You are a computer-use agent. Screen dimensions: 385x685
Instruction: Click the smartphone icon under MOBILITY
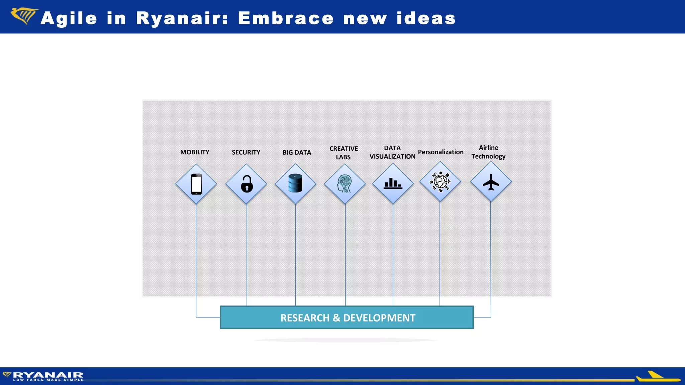(196, 184)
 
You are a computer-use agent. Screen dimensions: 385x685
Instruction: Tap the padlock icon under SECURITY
(247, 184)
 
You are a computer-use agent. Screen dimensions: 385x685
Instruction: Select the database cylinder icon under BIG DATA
(295, 183)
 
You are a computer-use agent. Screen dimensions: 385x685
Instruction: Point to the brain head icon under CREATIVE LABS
(345, 184)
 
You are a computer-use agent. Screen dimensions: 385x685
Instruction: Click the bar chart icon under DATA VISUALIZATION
(393, 183)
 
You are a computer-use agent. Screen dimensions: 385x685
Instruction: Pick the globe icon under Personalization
(440, 182)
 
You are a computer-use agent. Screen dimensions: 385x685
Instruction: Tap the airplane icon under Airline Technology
(491, 182)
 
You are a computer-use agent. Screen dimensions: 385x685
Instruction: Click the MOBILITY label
(195, 152)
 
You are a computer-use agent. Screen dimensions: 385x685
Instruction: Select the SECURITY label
(246, 152)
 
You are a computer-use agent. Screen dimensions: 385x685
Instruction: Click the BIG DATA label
(297, 152)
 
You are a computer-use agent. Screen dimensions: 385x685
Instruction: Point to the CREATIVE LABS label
(344, 153)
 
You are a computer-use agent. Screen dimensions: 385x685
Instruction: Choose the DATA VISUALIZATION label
(392, 152)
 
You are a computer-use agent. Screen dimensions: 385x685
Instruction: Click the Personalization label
(441, 152)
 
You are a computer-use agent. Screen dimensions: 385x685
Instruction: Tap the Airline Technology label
(488, 152)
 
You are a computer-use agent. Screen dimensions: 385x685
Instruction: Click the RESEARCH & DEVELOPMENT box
(347, 317)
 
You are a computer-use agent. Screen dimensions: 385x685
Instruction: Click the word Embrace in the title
(286, 18)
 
